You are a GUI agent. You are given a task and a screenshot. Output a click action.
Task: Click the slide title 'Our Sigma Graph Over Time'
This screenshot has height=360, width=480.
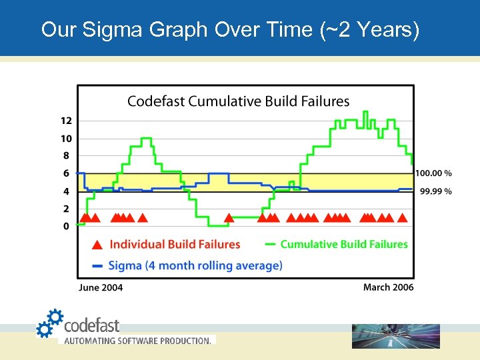[x=230, y=29]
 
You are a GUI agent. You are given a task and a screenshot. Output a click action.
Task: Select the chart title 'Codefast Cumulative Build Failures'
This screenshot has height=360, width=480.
[x=238, y=101]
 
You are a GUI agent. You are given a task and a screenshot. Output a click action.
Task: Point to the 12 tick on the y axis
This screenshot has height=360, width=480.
[x=66, y=121]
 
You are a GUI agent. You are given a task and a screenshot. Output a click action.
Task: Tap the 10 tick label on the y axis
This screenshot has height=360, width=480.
[x=66, y=139]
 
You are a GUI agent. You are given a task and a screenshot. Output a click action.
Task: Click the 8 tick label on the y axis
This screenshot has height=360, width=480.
[x=66, y=156]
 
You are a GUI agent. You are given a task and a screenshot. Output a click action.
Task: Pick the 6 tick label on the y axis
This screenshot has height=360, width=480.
[x=66, y=173]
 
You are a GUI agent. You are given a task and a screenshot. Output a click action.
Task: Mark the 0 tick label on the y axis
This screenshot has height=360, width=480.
[x=66, y=226]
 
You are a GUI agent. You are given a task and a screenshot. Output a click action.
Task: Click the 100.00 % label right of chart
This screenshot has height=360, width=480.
[x=433, y=173]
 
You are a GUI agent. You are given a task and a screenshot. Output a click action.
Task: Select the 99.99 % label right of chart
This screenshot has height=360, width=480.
[x=435, y=191]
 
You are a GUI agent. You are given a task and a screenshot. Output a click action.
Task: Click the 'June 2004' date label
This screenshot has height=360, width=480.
[x=101, y=287]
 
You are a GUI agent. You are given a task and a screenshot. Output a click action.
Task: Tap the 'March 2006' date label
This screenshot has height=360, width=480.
[x=388, y=287]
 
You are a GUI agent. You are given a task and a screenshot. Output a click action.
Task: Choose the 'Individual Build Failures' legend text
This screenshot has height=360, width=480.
[x=175, y=245]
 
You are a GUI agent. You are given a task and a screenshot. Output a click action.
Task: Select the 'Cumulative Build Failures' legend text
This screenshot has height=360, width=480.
[x=343, y=245]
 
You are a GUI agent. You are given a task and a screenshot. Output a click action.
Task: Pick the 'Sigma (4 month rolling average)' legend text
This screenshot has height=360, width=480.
[x=195, y=265]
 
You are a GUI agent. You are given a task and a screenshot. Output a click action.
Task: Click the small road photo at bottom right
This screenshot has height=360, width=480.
[x=395, y=335]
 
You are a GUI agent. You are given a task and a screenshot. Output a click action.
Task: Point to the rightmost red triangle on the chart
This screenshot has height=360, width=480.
[x=402, y=217]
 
